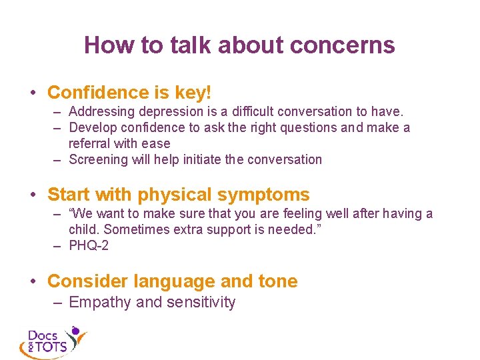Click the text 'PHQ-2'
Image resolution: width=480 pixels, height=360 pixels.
pos(89,245)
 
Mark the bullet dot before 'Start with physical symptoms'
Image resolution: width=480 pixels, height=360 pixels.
pos(33,195)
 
